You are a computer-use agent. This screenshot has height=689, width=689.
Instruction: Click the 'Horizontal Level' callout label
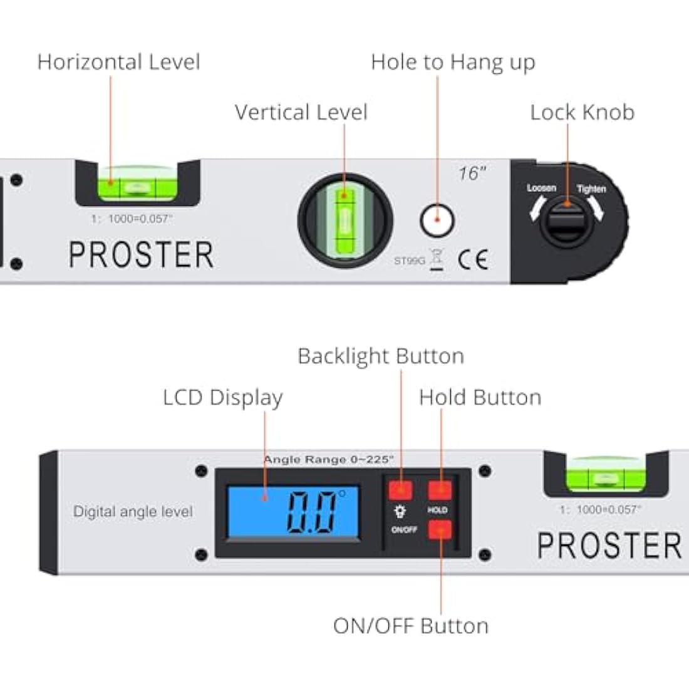118,62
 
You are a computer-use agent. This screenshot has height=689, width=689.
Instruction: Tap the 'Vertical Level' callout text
301,113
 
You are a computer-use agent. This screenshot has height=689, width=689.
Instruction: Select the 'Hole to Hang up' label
453,63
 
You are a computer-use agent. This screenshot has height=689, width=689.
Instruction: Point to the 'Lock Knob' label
582,113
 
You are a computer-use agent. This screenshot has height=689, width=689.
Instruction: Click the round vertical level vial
345,220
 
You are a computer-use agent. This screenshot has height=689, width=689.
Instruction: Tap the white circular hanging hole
436,220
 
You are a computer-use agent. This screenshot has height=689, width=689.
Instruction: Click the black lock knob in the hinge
566,222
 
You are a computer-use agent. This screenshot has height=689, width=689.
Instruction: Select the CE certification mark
472,259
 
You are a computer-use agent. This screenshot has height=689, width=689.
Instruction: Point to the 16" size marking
471,174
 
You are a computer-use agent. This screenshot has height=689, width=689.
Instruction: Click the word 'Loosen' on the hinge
541,188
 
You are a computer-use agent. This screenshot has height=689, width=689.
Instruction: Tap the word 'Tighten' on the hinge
591,189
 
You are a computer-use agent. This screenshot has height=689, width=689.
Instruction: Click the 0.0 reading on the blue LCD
311,512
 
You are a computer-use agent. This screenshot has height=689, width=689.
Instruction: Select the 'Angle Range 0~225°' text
328,460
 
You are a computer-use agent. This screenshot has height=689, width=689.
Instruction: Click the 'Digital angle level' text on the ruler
133,512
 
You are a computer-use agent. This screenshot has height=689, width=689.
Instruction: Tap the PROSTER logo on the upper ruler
141,255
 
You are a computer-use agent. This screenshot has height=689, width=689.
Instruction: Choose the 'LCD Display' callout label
222,398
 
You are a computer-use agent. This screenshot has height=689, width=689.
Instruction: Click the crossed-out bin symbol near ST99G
437,259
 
